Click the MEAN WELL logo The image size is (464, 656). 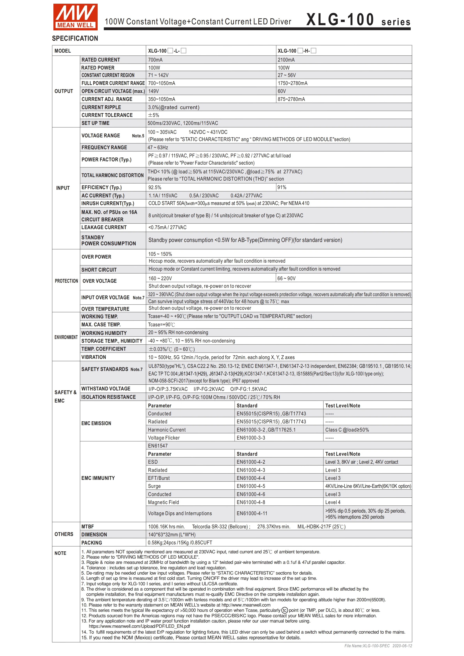click(75, 17)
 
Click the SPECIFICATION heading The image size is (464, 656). click(75, 38)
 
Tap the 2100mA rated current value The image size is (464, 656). click(286, 60)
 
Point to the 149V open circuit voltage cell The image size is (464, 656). click(153, 91)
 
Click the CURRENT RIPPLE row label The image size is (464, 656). click(101, 107)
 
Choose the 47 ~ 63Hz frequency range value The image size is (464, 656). click(158, 147)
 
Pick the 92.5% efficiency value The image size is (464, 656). click(155, 187)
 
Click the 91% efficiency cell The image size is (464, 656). click(282, 187)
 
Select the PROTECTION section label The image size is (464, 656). click(66, 281)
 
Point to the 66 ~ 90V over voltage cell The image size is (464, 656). click(286, 278)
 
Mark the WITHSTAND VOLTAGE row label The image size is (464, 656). click(106, 388)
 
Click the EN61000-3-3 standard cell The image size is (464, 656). click(251, 438)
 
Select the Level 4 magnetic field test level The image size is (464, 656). click(333, 502)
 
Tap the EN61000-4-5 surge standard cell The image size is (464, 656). click(251, 486)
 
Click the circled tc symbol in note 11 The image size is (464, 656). click(285, 610)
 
